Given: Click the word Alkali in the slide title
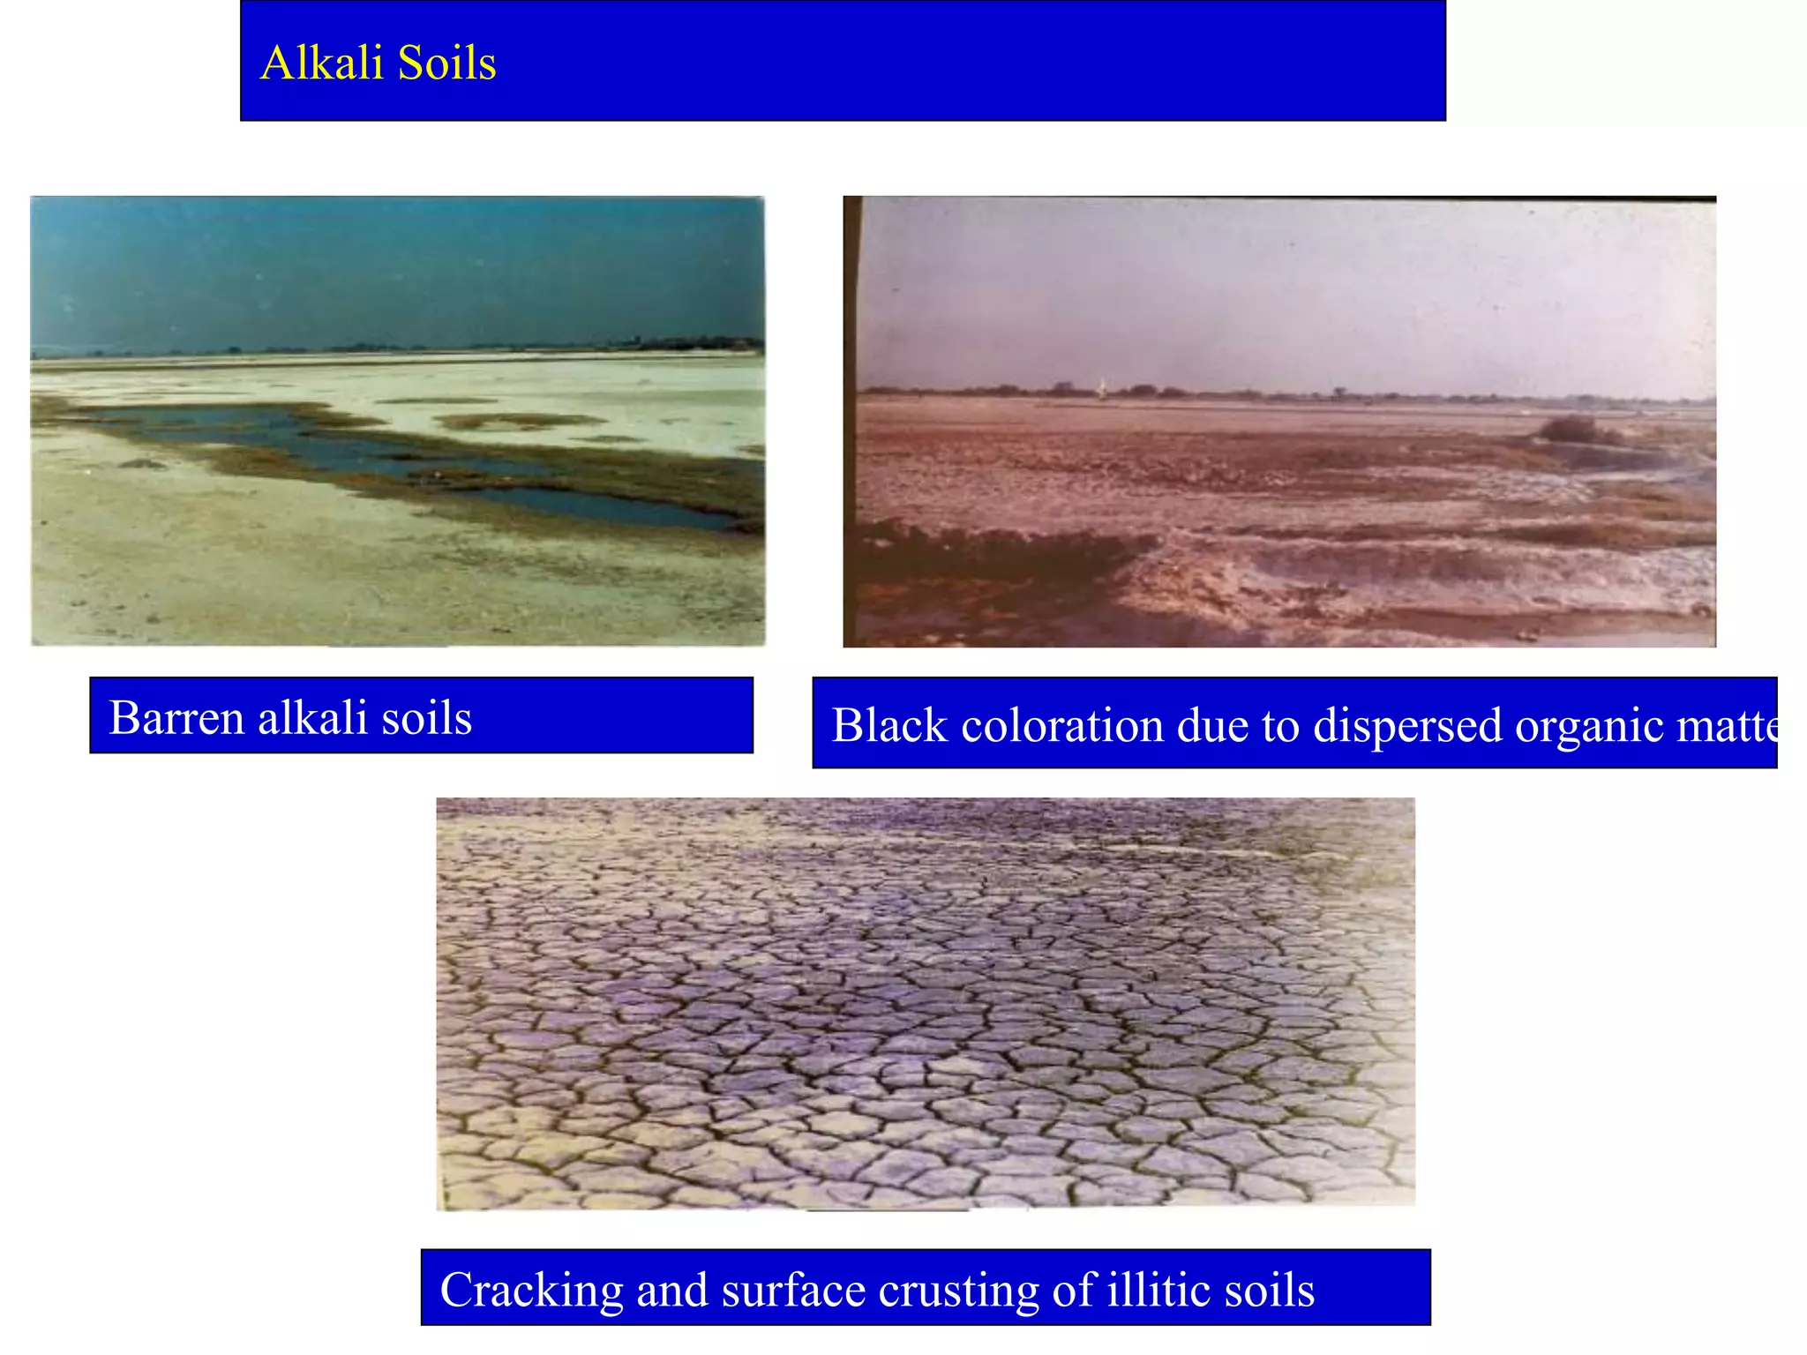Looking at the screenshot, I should [323, 64].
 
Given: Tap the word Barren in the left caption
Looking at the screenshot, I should [176, 717].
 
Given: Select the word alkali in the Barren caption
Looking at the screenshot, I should [312, 717].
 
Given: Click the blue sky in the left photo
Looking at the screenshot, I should [397, 265].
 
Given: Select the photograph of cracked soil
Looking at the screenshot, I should [926, 1003].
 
